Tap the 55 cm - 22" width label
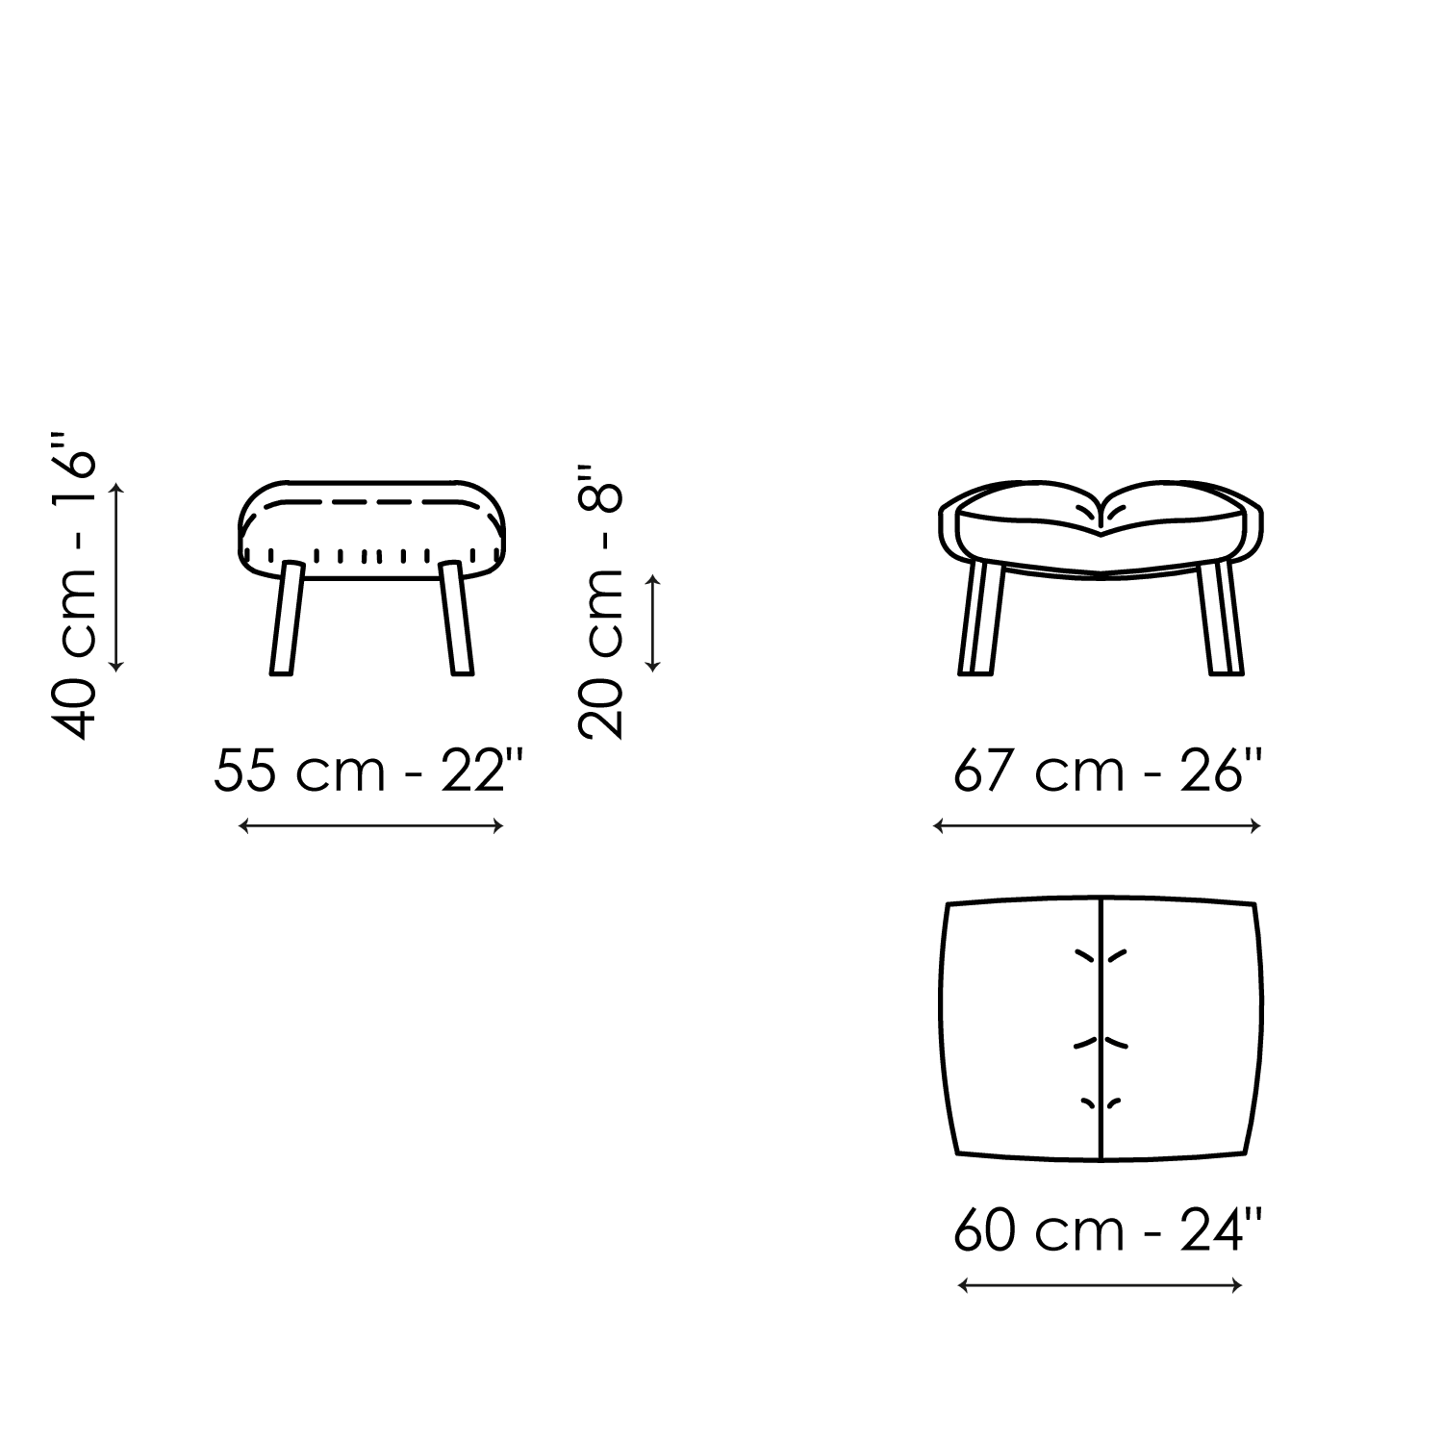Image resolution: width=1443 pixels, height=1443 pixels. click(370, 771)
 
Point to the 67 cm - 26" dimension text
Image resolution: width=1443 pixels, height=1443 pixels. click(1106, 771)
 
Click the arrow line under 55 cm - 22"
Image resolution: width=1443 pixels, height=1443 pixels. click(370, 825)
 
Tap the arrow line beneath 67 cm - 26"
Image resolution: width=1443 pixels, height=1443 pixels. click(1098, 825)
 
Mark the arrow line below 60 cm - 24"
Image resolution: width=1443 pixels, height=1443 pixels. click(1101, 1284)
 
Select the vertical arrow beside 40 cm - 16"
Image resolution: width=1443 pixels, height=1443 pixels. click(117, 576)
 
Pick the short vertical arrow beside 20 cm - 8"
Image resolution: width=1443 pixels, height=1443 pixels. click(653, 622)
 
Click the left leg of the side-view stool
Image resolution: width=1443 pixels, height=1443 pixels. click(287, 619)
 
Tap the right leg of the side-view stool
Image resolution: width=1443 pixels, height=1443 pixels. click(456, 619)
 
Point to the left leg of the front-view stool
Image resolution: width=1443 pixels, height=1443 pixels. click(981, 619)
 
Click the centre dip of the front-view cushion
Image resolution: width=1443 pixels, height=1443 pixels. click(1102, 519)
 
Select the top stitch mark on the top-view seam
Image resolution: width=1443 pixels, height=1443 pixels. click(1101, 955)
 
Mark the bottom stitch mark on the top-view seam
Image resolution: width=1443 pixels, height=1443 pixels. click(1101, 1102)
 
